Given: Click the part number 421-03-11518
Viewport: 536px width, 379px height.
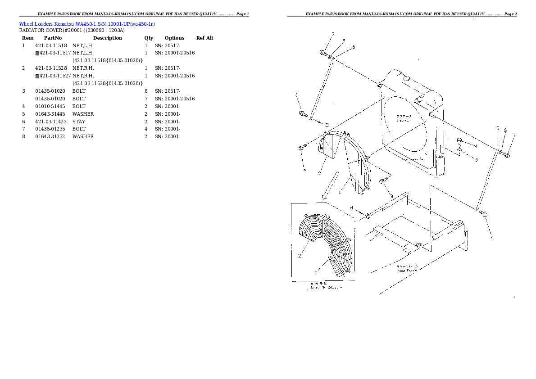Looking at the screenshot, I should (51, 45).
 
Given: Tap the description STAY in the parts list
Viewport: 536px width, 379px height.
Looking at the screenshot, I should (79, 122).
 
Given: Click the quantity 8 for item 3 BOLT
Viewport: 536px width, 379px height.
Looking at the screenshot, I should (146, 91).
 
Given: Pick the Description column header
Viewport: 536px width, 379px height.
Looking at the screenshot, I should (107, 38).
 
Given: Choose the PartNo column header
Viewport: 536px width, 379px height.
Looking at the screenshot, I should (53, 38).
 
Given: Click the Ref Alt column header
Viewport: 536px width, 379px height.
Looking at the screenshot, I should (204, 38).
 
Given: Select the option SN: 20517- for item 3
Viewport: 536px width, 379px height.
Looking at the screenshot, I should (168, 91).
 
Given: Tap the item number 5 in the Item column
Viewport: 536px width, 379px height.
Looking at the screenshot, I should (23, 114).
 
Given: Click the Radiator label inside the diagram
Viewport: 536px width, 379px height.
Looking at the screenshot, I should (404, 120).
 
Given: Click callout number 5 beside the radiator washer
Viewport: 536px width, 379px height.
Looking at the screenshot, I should (476, 159).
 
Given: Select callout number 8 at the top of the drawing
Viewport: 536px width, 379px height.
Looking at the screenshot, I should (344, 41).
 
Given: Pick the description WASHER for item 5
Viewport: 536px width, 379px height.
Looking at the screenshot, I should (83, 114).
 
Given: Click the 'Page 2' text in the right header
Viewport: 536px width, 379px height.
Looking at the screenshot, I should (510, 14).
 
